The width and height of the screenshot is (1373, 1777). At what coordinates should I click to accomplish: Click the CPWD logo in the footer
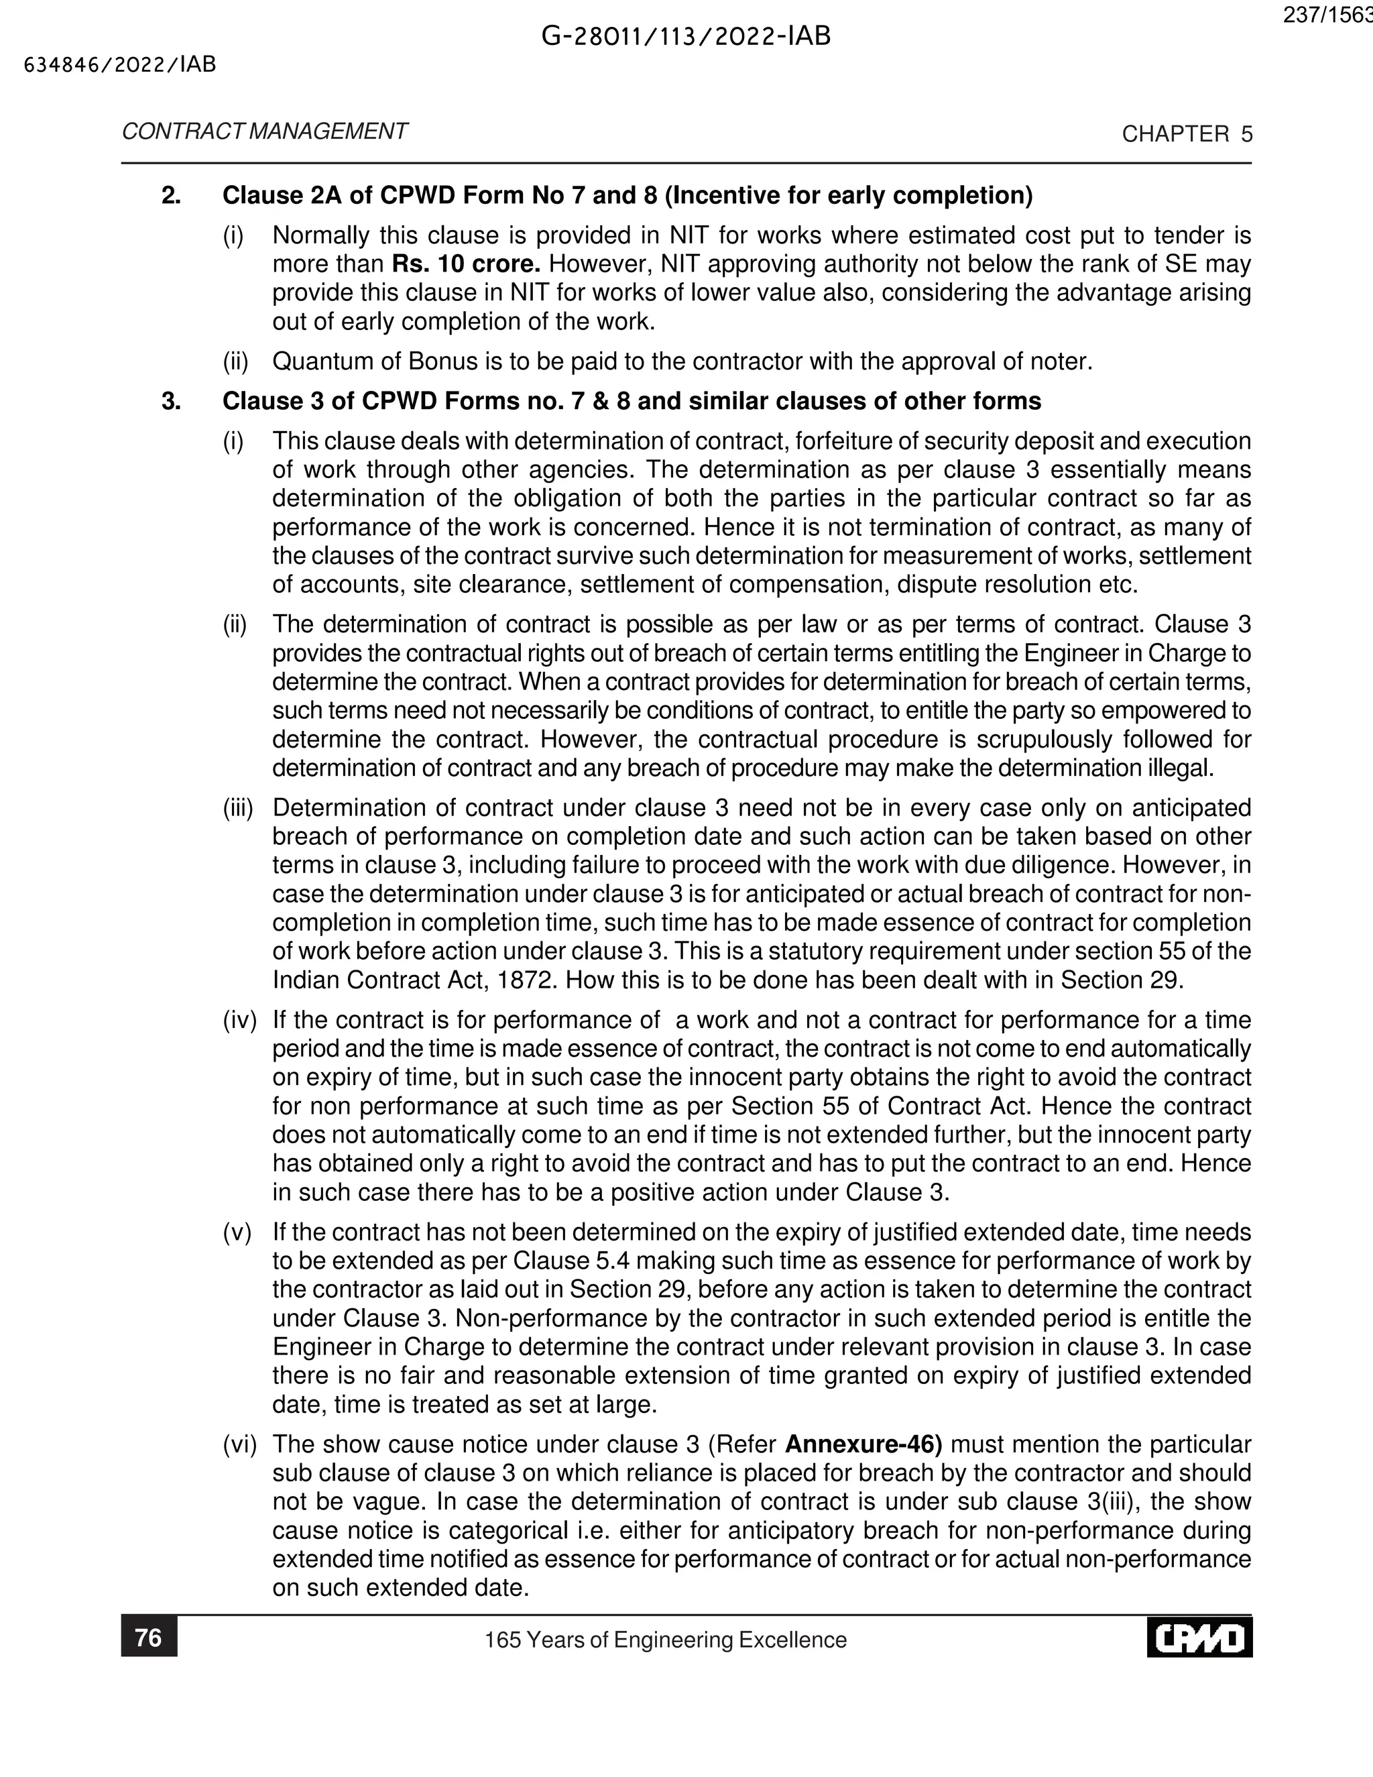[x=1200, y=1638]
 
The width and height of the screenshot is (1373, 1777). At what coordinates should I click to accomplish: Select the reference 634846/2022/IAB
[x=121, y=65]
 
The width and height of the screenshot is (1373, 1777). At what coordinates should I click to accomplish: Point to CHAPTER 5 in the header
[x=1187, y=134]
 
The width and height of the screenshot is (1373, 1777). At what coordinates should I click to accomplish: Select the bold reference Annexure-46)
[x=863, y=1444]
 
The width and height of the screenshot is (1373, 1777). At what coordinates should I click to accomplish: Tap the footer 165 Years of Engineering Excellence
[x=665, y=1640]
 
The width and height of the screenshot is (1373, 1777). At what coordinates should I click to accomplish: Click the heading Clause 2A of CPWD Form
[x=626, y=195]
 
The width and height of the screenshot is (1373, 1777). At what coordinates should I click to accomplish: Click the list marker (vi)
[x=240, y=1444]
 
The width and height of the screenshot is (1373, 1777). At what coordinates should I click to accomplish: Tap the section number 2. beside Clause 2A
[x=171, y=195]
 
